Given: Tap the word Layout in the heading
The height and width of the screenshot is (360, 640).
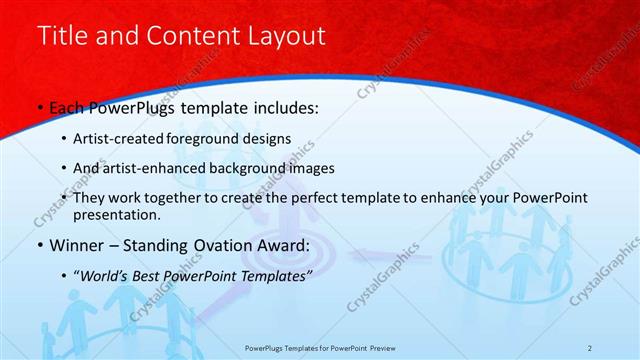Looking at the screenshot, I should pos(285,37).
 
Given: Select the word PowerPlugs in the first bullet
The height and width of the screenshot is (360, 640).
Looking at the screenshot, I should pos(137,108).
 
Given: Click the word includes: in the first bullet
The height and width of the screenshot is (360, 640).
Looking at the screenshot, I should pos(283,108).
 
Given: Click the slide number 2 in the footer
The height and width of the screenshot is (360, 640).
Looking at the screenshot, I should pos(591,348).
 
